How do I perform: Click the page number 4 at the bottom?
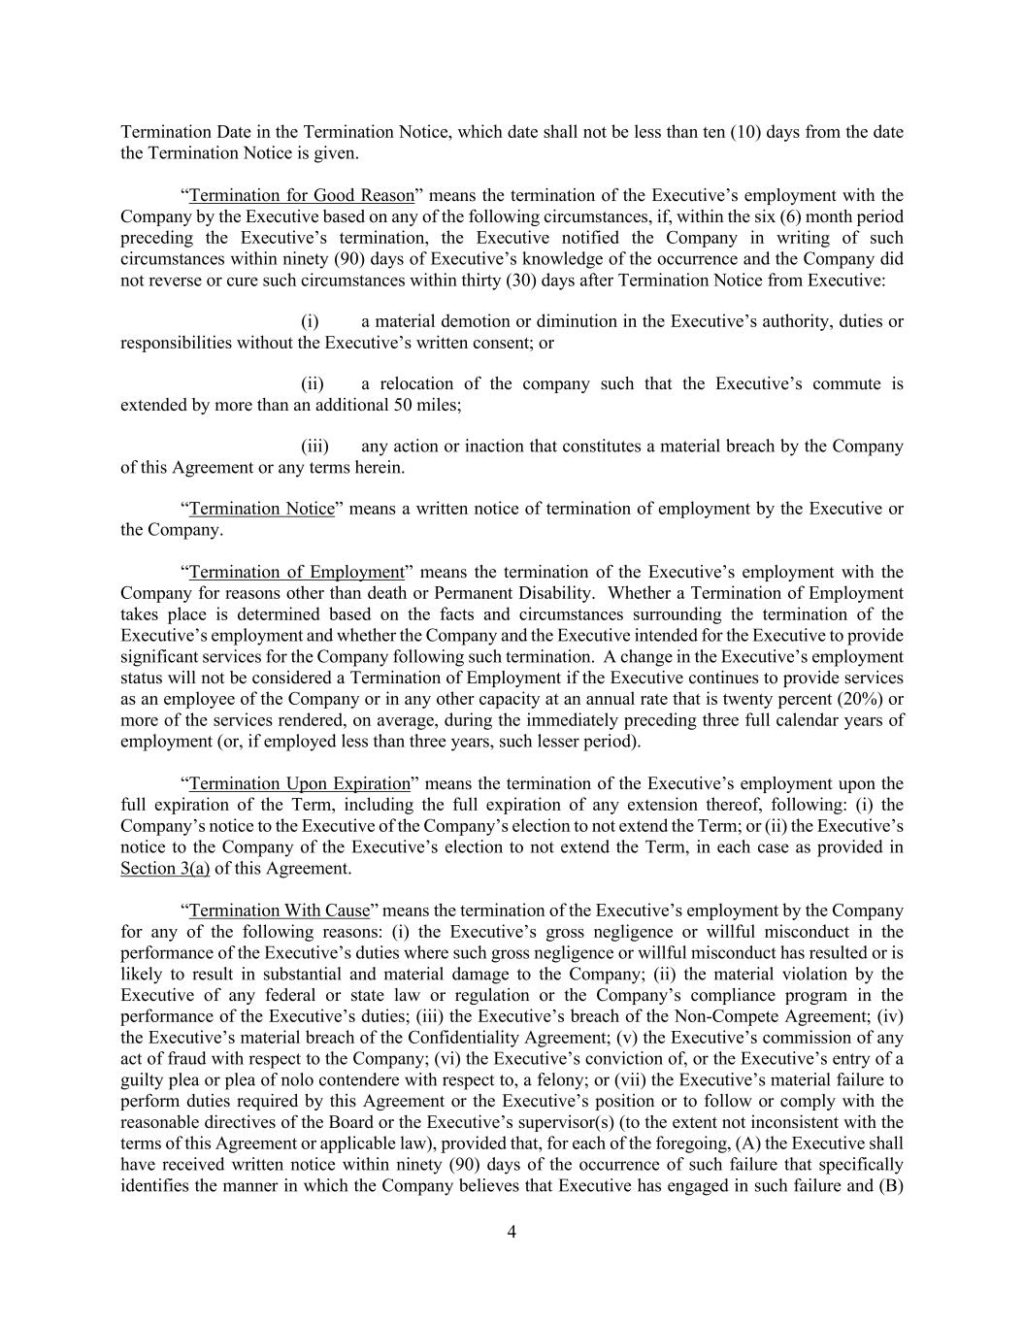[512, 1232]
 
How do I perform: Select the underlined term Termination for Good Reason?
[302, 195]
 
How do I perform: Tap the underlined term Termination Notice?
[262, 509]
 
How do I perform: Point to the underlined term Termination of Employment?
[296, 572]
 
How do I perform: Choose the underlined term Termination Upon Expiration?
[300, 783]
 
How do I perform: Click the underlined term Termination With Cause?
[280, 911]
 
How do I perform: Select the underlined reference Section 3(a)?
[165, 869]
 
